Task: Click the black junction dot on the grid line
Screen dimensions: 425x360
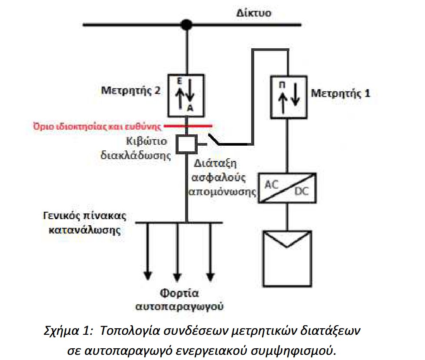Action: coord(186,25)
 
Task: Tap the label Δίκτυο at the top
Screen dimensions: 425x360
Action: coord(254,13)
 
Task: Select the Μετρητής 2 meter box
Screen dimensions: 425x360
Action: coord(186,96)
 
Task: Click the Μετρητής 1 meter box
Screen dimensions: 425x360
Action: coord(289,97)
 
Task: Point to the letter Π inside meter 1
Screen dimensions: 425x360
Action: coord(282,85)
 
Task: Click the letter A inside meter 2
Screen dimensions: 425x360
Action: coord(190,108)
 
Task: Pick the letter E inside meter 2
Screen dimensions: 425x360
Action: coord(179,81)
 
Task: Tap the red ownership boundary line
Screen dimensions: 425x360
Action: coord(188,126)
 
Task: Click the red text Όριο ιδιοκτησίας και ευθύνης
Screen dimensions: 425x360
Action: coord(97,127)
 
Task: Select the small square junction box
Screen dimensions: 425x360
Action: coord(186,144)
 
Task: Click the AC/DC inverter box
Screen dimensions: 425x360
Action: coord(287,188)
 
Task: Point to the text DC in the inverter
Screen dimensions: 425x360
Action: coord(302,191)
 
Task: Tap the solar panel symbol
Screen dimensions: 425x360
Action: coord(287,259)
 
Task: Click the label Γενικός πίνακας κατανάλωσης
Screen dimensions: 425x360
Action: coord(85,223)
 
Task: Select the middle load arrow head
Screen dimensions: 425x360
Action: coord(177,277)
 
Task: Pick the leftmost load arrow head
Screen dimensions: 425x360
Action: coord(148,276)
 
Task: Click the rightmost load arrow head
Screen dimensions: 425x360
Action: coord(210,277)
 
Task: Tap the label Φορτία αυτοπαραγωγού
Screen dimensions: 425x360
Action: coord(179,300)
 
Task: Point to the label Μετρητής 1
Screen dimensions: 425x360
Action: coord(340,93)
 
